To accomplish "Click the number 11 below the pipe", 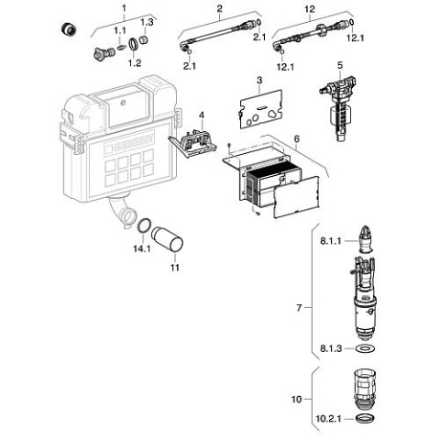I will point(174,268).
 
